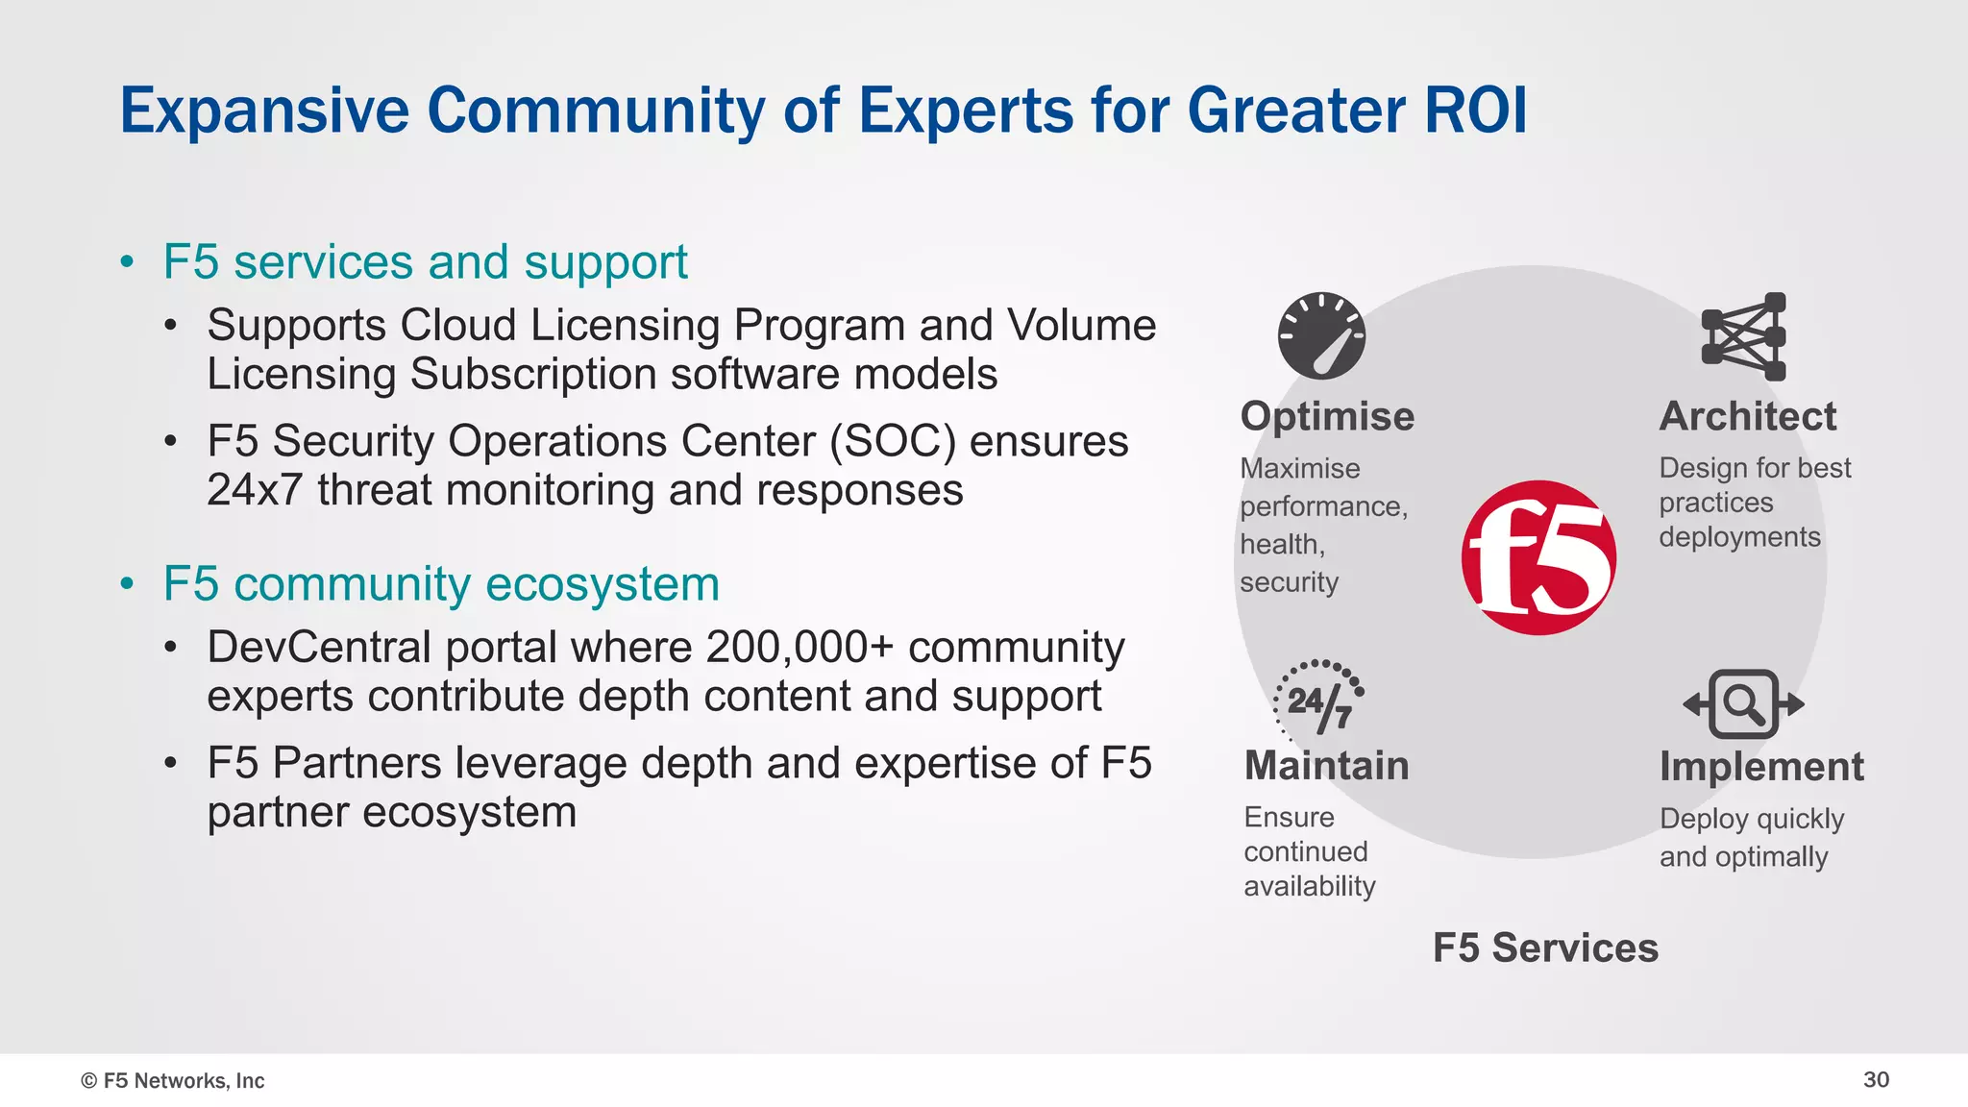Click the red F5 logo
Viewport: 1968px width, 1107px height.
tap(1538, 557)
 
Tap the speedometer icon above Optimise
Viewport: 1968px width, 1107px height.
tap(1321, 335)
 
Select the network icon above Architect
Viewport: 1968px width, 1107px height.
tap(1743, 336)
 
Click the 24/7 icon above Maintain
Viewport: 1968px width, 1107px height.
tap(1318, 700)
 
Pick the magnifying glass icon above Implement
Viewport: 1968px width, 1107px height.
tap(1743, 703)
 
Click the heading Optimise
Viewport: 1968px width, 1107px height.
tap(1327, 416)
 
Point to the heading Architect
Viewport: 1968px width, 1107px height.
tap(1747, 416)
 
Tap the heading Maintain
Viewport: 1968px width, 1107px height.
tap(1326, 766)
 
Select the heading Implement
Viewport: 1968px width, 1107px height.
tap(1760, 767)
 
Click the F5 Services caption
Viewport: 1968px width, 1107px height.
tap(1545, 947)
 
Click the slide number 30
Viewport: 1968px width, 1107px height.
tap(1876, 1079)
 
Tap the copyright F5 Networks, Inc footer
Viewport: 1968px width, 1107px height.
tap(173, 1080)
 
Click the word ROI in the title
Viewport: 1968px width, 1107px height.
tap(1476, 110)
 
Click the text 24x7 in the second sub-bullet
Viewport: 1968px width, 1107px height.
tap(255, 490)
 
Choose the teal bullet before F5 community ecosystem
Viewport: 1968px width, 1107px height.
tap(127, 584)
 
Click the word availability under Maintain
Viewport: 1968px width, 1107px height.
tap(1309, 886)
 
